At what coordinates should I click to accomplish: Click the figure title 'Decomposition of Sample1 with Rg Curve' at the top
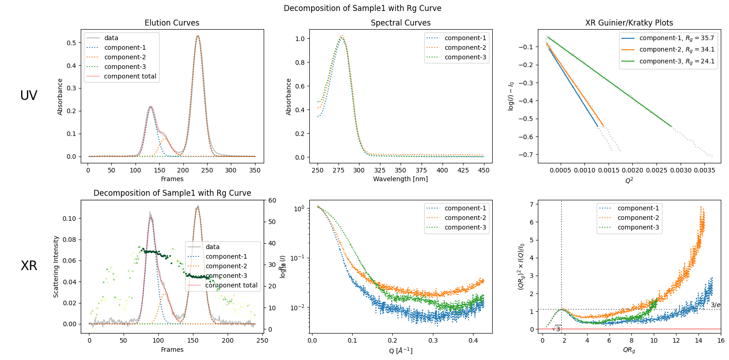pos(362,8)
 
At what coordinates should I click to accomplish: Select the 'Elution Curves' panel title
pos(172,23)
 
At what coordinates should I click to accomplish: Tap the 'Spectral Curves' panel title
pos(401,23)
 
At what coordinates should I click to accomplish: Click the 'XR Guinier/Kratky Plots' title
pos(629,23)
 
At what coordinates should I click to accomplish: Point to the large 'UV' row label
pos(29,95)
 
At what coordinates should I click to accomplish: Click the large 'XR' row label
pos(29,266)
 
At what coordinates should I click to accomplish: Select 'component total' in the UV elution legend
pos(130,76)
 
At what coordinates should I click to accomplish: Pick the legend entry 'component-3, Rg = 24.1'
pos(677,61)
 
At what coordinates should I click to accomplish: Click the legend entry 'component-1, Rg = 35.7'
pos(677,38)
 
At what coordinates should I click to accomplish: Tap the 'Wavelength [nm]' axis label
pos(401,179)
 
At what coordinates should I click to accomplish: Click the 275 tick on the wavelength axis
pos(338,170)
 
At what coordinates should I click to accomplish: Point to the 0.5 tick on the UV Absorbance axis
pos(71,43)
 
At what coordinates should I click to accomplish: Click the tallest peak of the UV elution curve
pos(198,36)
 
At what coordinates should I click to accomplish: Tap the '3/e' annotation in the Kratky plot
pos(715,305)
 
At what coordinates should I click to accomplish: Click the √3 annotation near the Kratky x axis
pos(557,329)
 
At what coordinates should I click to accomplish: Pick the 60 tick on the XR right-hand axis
pos(272,200)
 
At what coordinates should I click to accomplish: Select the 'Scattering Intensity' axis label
pos(56,266)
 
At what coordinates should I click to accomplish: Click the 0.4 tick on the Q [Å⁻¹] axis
pos(473,340)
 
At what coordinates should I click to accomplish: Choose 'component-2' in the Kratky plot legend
pos(638,218)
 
